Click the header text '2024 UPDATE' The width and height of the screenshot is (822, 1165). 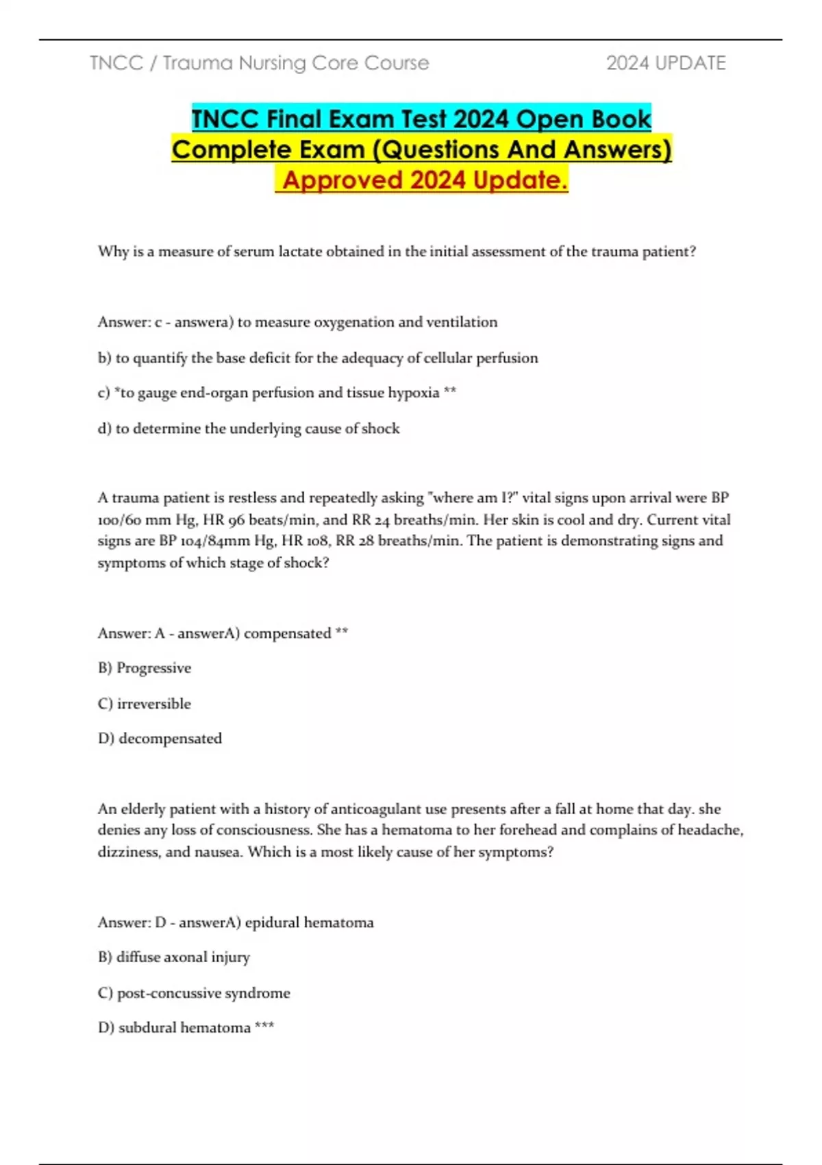point(665,63)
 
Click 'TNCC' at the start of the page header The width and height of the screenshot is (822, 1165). point(116,63)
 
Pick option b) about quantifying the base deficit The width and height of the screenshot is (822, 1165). point(318,358)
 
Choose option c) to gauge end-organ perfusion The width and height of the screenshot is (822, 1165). point(277,393)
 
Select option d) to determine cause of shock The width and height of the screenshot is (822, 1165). point(249,428)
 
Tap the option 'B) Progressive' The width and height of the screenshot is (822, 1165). point(145,668)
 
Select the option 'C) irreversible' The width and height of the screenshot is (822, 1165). point(145,704)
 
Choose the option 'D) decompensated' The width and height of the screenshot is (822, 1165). point(160,739)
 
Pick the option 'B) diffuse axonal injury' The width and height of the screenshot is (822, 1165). point(174,957)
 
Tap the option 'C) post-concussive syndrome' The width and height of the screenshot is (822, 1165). point(194,993)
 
